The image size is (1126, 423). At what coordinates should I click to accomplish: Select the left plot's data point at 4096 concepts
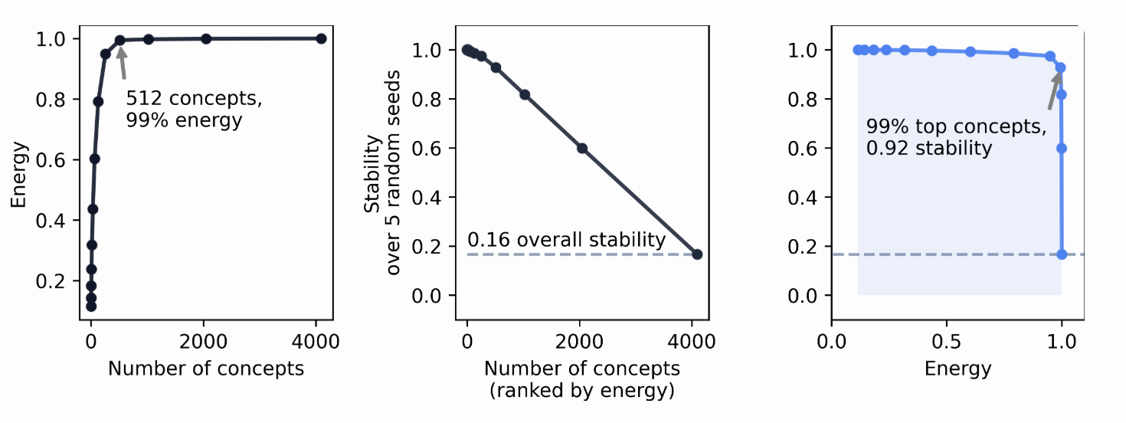coord(321,38)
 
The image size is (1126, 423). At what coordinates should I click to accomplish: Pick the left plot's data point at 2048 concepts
coord(206,38)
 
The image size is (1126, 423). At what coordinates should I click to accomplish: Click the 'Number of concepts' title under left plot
coord(205,369)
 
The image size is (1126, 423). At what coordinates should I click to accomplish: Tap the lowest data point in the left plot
coord(91,307)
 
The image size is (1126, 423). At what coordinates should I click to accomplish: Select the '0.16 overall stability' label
coord(566,240)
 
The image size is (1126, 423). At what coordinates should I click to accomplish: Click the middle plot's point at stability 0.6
coord(582,148)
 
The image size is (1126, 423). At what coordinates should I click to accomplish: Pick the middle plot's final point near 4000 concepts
coord(697,254)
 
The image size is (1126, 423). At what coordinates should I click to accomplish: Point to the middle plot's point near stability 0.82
coord(525,94)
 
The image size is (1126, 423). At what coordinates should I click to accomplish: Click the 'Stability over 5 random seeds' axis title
coord(383,172)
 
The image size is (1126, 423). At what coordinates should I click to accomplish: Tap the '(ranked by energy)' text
coord(581,391)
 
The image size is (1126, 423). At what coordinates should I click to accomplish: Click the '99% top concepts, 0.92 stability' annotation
coord(955,137)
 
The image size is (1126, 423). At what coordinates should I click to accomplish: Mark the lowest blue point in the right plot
coord(1062,254)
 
